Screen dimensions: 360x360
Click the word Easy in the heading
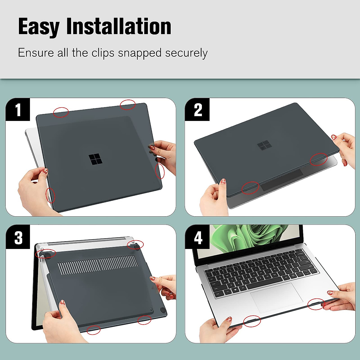pyautogui.click(x=39, y=27)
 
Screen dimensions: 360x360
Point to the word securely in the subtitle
pyautogui.click(x=186, y=53)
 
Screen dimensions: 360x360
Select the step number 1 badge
pyautogui.click(x=18, y=110)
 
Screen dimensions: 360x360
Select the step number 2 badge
pyautogui.click(x=198, y=110)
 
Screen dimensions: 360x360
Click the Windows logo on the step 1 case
pyautogui.click(x=96, y=159)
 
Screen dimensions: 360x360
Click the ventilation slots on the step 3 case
pyautogui.click(x=97, y=264)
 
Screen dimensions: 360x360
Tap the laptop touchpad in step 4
pyautogui.click(x=276, y=297)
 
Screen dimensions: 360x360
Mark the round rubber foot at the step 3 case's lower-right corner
pyautogui.click(x=163, y=311)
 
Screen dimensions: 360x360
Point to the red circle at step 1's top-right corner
pyautogui.click(x=128, y=105)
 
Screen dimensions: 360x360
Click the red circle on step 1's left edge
pyautogui.click(x=50, y=195)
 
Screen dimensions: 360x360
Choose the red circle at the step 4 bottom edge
pyautogui.click(x=252, y=321)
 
